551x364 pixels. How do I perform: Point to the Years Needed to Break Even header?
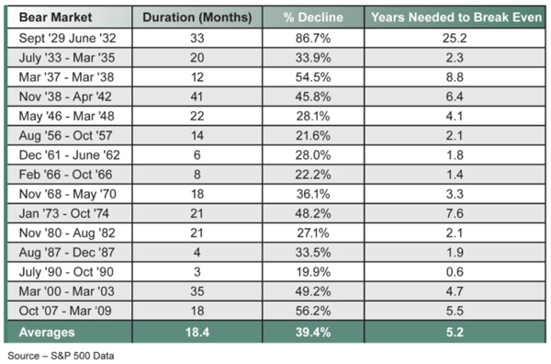point(452,17)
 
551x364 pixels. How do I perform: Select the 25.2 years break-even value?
point(452,39)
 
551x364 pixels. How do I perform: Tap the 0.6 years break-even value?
point(452,289)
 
